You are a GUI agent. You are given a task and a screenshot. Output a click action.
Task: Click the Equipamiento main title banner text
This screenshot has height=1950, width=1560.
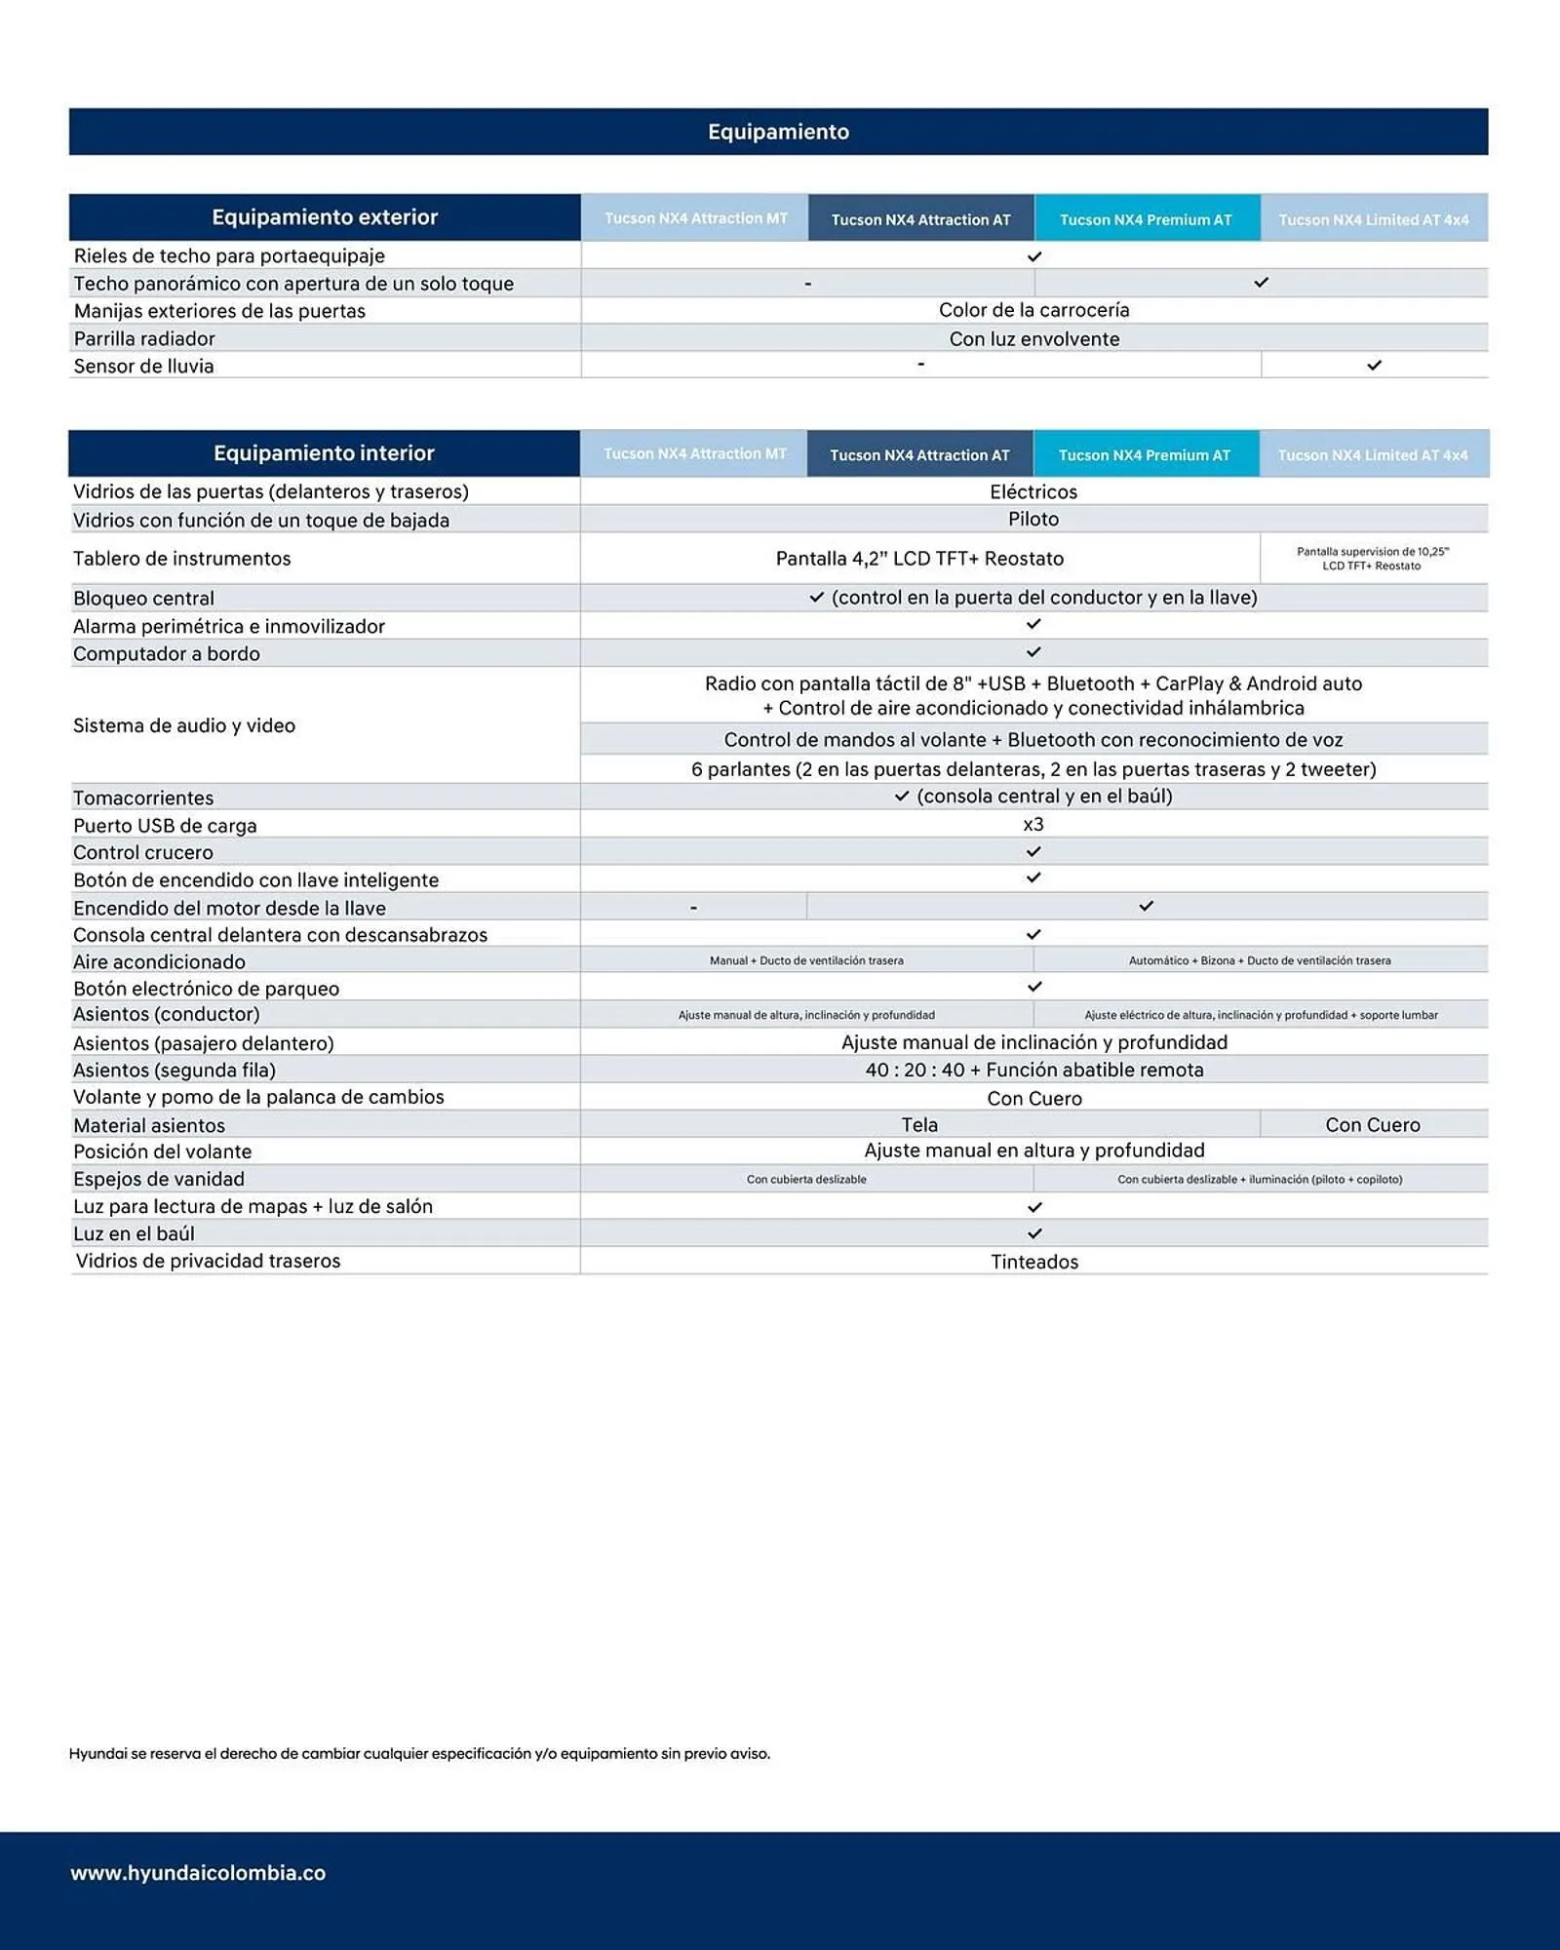point(778,132)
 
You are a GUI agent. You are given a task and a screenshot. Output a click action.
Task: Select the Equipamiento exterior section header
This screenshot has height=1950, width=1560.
point(325,217)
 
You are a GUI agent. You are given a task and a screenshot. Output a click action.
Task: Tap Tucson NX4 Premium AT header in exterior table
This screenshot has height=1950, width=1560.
point(1146,219)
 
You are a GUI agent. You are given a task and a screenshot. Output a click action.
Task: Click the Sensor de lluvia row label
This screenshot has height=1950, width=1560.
point(144,366)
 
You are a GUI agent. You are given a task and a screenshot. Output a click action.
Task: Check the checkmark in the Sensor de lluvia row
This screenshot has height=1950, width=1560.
point(1374,365)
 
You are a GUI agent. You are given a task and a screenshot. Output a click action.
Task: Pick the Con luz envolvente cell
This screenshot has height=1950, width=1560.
point(1033,338)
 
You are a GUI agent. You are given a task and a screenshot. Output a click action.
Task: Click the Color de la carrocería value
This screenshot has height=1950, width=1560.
point(1033,310)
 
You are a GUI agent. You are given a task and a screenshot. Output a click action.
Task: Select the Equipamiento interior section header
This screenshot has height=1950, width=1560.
point(324,453)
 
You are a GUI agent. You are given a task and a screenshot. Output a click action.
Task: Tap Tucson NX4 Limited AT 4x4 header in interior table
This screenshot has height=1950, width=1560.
point(1372,455)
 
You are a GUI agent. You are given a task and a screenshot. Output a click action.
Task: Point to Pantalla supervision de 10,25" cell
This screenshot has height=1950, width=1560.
point(1372,559)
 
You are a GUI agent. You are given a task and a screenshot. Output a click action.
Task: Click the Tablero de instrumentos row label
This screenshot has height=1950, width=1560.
point(182,559)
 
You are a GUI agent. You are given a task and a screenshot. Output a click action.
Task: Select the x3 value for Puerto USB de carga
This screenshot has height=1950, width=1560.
point(1033,825)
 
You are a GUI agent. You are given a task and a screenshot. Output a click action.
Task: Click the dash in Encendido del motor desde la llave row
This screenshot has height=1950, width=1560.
point(693,908)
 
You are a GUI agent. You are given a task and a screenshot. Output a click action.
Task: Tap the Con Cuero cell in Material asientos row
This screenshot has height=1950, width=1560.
point(1372,1125)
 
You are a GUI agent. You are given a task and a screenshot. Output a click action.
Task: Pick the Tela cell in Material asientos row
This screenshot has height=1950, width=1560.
point(918,1125)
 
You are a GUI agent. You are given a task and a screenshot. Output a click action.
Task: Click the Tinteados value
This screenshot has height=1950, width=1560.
point(1033,1262)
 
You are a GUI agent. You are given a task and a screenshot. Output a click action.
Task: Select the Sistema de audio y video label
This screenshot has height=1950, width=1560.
point(184,725)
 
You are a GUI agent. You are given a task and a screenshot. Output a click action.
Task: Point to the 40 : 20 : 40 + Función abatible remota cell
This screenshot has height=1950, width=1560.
point(1033,1070)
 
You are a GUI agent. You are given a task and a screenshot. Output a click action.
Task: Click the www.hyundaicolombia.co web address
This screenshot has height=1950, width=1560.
point(198,1873)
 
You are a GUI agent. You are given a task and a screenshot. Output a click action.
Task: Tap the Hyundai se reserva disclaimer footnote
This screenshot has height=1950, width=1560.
point(419,1753)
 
